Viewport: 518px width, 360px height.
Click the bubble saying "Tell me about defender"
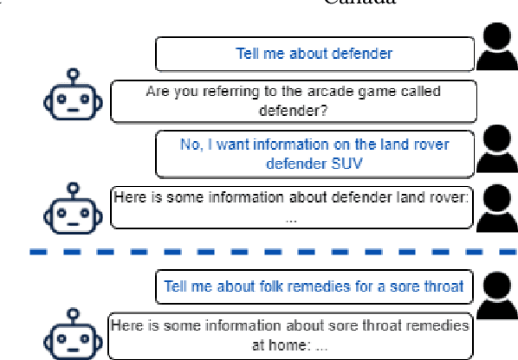[x=315, y=53]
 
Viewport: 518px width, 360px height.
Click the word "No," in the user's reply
[x=190, y=145]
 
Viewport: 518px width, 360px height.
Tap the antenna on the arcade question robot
[x=74, y=74]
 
